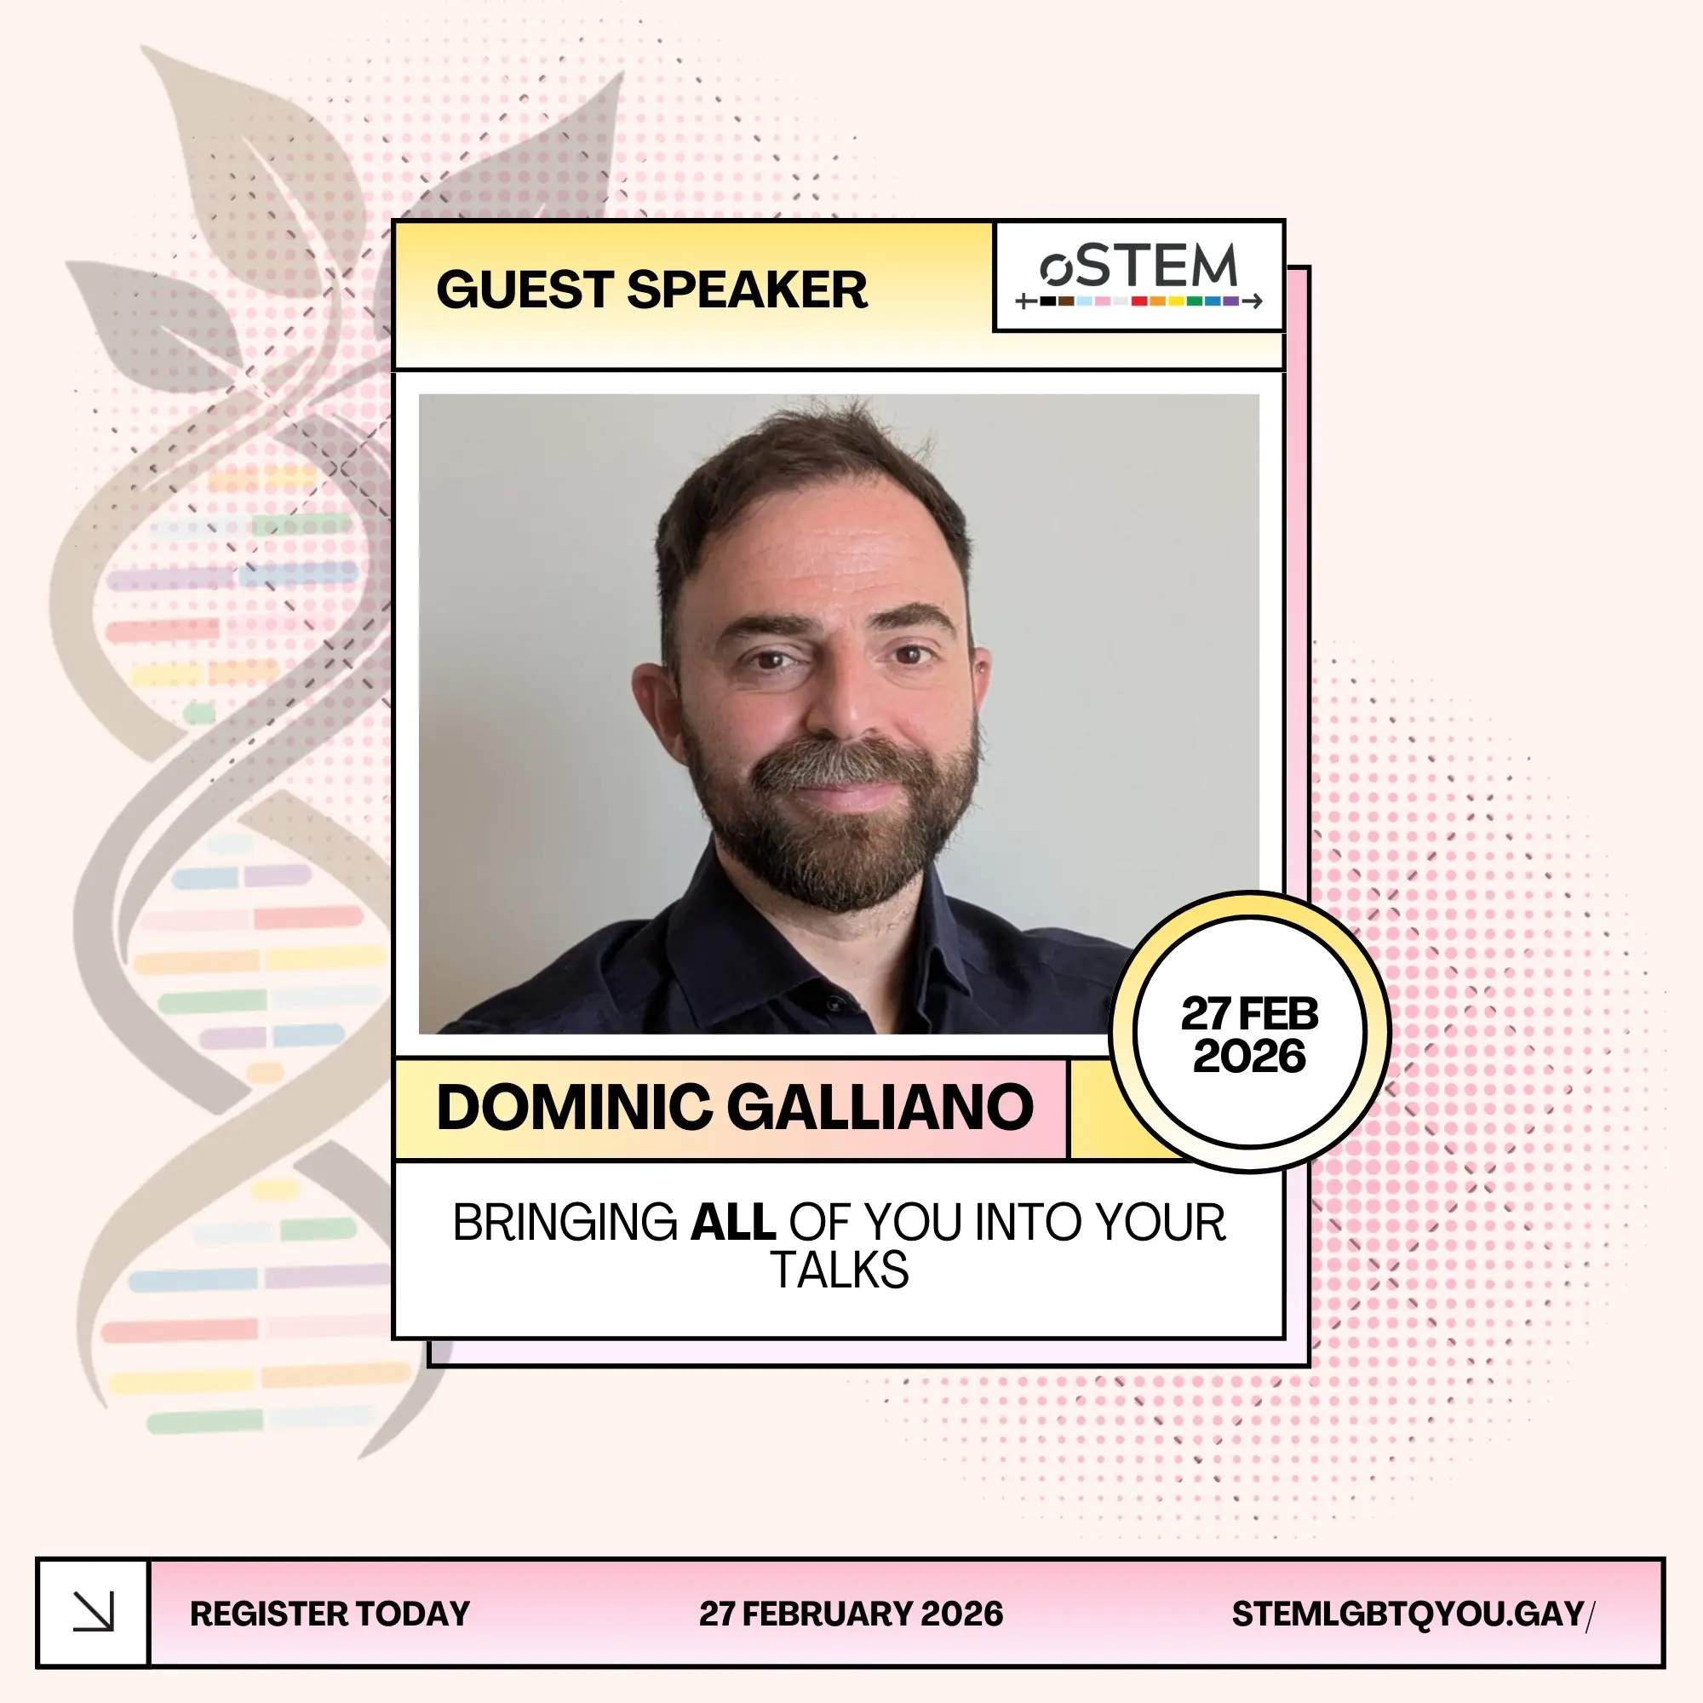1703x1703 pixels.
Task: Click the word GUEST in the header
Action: point(525,290)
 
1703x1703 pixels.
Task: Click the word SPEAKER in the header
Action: point(747,290)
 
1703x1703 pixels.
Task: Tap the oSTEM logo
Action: point(1138,276)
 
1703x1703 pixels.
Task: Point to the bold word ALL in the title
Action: point(732,1222)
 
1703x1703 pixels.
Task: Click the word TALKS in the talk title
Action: point(840,1270)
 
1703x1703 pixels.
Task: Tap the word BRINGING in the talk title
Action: point(565,1222)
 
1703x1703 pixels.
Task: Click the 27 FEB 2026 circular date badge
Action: point(1249,1033)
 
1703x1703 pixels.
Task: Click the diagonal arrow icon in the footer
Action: point(94,1612)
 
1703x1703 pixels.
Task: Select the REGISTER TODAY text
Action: point(330,1613)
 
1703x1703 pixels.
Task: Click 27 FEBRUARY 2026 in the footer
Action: point(851,1613)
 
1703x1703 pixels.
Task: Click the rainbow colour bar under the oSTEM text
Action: point(1138,301)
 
